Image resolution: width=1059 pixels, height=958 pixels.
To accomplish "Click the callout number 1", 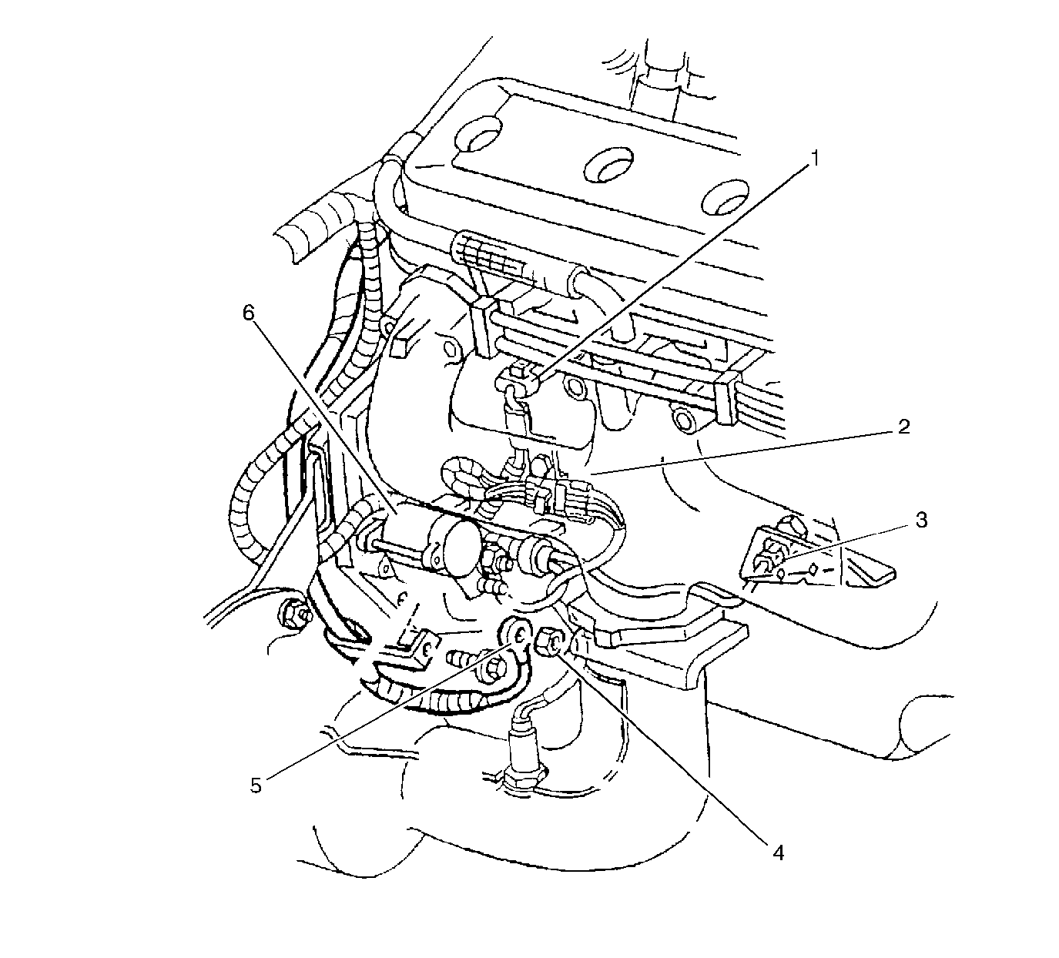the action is point(816,159).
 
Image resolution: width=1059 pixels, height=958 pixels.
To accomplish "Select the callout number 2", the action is point(903,427).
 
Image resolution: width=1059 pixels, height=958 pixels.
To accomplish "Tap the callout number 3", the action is point(921,520).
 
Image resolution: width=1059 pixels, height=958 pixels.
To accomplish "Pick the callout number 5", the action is point(256,785).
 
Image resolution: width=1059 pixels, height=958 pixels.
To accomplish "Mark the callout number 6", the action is point(249,313).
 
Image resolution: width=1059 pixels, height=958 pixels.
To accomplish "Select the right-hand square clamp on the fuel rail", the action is point(728,397).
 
